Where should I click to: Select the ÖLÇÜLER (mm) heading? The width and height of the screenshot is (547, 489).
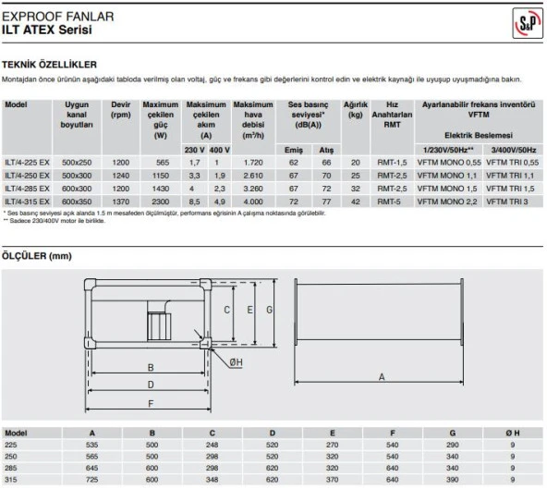[36, 255]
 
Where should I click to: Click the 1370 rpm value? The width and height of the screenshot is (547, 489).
[119, 201]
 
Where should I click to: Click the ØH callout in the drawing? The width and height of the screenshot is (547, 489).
[237, 362]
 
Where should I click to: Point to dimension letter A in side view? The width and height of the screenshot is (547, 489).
[381, 377]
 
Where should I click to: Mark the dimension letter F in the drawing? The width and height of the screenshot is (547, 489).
[151, 403]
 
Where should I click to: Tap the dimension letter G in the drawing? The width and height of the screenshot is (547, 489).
[269, 312]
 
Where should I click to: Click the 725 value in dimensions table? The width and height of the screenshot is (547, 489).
[91, 482]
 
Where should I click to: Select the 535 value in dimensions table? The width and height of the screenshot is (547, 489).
[91, 444]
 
